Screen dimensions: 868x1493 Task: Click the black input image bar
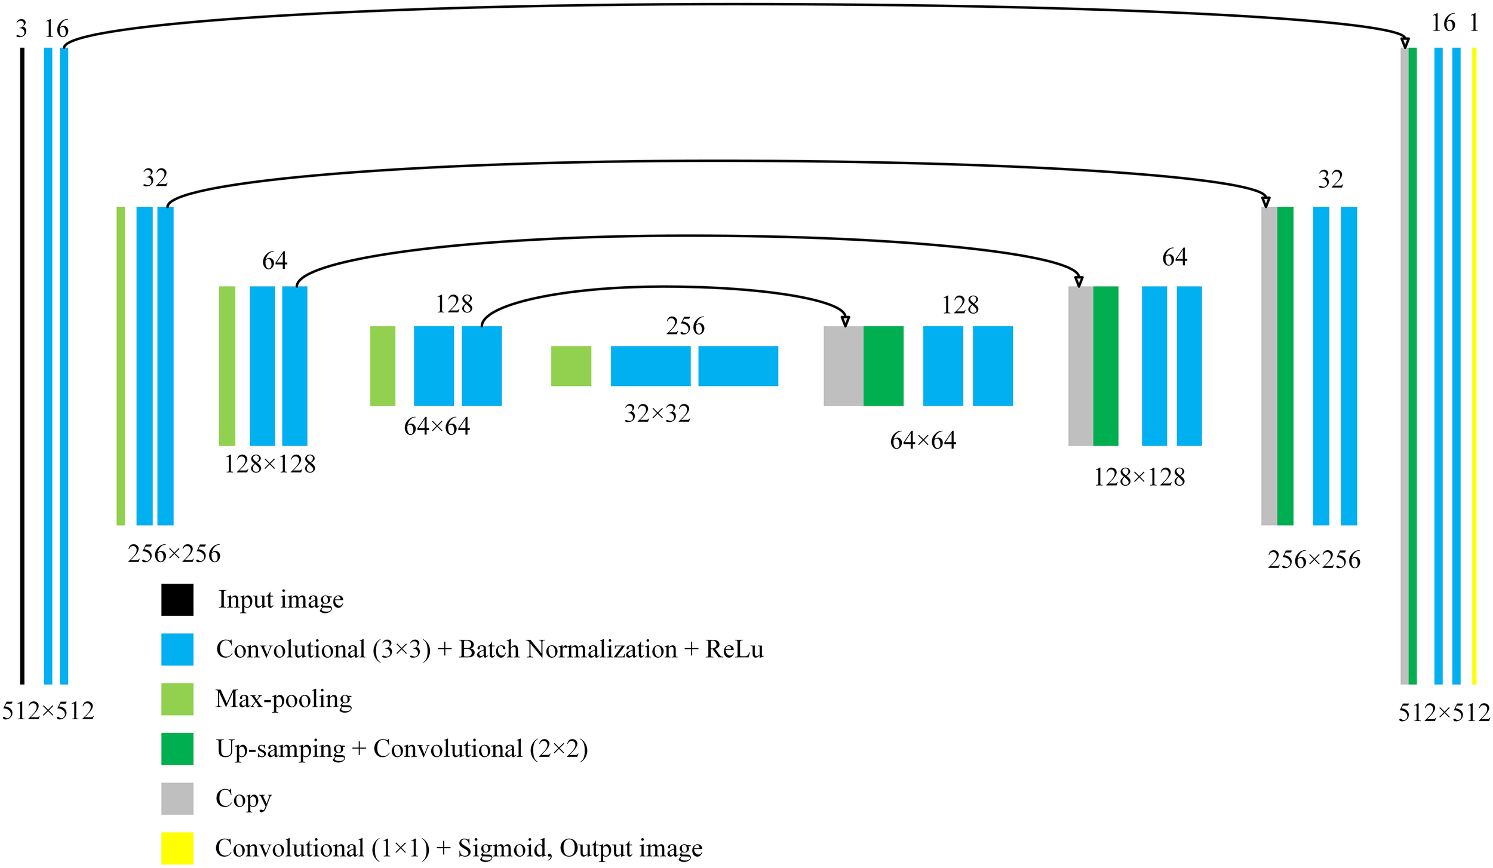[x=22, y=366]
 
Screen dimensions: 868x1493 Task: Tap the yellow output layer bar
[x=1474, y=366]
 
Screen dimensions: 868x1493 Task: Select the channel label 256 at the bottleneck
[x=685, y=326]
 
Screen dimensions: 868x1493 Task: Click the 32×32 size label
[x=657, y=413]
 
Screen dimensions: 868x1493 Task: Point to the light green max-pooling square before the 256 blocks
[x=571, y=366]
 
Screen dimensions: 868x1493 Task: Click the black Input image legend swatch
[x=177, y=600]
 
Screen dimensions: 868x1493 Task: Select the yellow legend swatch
[x=177, y=848]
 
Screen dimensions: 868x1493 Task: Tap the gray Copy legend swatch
[x=177, y=798]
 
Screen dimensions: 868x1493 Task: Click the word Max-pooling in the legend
[x=284, y=699]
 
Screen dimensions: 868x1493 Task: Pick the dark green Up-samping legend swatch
[x=177, y=749]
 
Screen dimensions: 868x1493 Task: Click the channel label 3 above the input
[x=21, y=29]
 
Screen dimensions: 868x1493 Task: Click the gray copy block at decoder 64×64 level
[x=843, y=366]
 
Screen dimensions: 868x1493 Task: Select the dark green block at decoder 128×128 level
[x=1105, y=366]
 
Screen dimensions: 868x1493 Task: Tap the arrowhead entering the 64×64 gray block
[x=845, y=322]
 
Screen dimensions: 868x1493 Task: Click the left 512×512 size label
[x=48, y=711]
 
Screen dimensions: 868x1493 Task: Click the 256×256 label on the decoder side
[x=1314, y=560]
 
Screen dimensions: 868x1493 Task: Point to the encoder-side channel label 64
[x=275, y=260]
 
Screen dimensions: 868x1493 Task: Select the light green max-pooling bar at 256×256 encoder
[x=121, y=366]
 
